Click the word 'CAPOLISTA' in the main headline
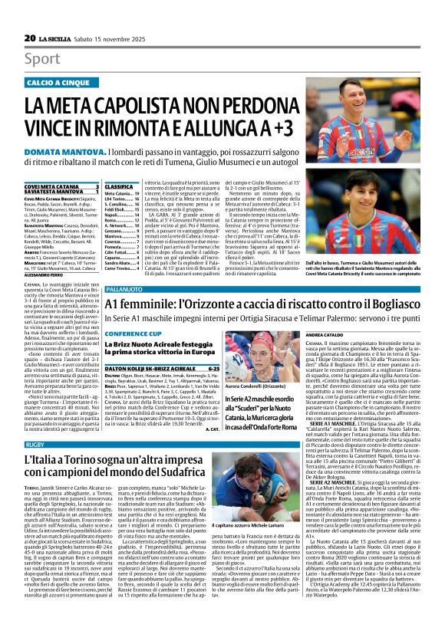click(x=158, y=104)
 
